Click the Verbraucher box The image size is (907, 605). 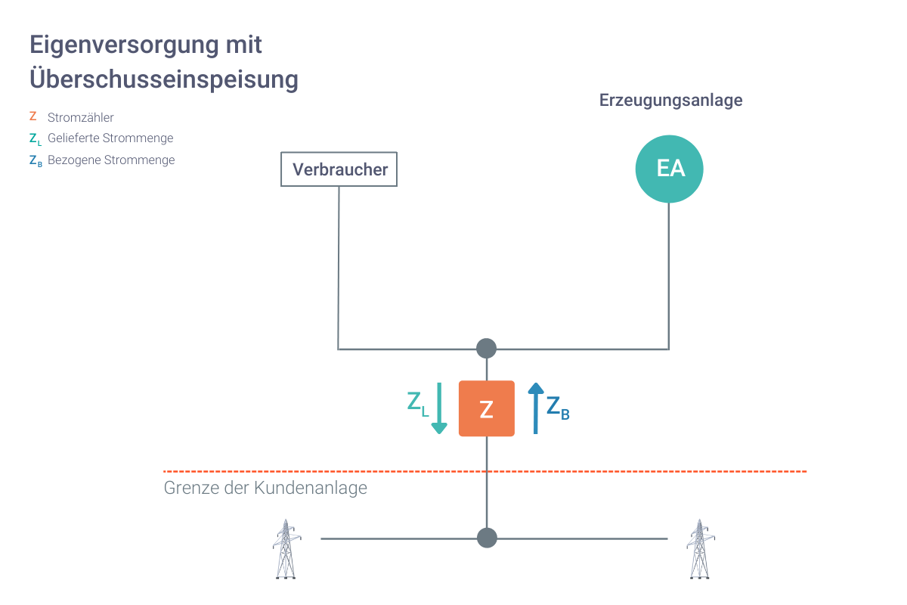click(x=339, y=169)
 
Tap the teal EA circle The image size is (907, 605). click(x=669, y=169)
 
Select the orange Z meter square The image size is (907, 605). click(x=487, y=408)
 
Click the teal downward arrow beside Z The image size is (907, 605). click(x=439, y=408)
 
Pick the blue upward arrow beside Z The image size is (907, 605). click(x=535, y=408)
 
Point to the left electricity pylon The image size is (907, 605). click(x=285, y=549)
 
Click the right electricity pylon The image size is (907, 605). click(x=700, y=549)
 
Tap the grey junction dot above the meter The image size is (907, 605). click(x=487, y=349)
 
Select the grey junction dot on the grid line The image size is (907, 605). click(x=487, y=538)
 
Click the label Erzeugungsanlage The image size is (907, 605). click(x=670, y=100)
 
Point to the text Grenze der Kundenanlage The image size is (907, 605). click(x=265, y=488)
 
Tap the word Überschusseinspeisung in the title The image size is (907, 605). click(x=164, y=79)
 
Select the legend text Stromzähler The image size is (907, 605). click(x=80, y=117)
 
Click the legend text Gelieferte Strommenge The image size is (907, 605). click(x=110, y=138)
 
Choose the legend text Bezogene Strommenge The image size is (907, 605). click(x=111, y=160)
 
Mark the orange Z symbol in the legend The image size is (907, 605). click(x=33, y=116)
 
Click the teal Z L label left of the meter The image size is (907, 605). click(x=417, y=403)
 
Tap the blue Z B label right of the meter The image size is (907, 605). click(x=557, y=408)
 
